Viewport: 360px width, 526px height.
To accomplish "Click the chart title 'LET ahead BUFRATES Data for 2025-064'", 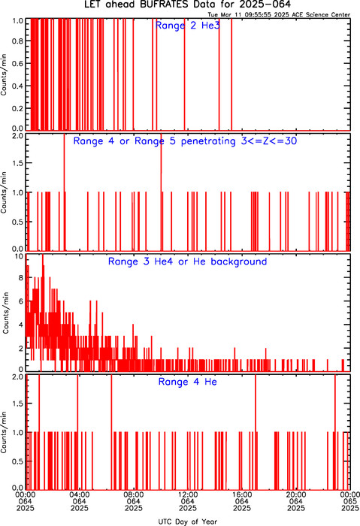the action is point(187,5).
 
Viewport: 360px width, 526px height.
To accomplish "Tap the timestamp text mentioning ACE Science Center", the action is point(279,15).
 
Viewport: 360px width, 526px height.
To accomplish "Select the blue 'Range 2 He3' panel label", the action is point(188,26).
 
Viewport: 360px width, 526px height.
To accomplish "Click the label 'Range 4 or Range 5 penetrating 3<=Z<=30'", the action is point(185,141).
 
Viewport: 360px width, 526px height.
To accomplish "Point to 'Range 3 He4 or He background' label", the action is point(187,261).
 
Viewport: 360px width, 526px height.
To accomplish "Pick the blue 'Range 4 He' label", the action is point(187,382).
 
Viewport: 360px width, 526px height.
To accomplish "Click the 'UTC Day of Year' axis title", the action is point(188,521).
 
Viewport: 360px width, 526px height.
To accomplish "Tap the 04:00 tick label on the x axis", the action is point(80,494).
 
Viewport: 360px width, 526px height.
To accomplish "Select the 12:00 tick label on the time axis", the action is point(188,494).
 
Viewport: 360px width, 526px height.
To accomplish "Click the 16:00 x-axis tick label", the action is point(242,494).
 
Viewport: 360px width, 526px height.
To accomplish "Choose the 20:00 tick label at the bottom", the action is point(296,494).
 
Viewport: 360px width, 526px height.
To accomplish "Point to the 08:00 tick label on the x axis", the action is point(134,494).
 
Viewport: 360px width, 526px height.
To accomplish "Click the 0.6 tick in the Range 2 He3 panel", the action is point(18,63).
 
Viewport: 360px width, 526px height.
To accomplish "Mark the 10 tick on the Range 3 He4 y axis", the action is point(19,257).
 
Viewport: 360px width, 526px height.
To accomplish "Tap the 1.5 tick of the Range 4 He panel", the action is point(18,404).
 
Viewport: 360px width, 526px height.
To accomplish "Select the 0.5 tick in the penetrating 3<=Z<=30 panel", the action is point(18,222).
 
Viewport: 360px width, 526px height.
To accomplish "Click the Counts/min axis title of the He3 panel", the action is point(4,75).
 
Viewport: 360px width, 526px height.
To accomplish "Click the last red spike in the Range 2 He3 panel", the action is point(231,74).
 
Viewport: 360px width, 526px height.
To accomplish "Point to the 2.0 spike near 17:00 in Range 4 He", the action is point(256,432).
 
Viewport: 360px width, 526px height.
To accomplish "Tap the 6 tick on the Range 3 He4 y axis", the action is point(21,301).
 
